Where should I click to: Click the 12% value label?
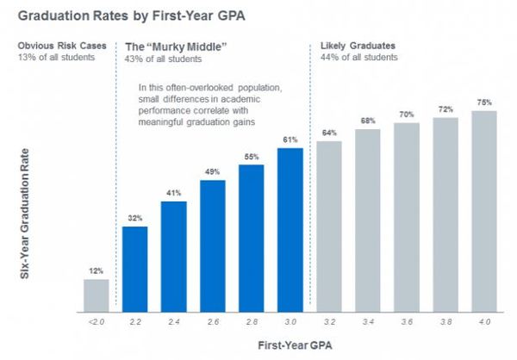(x=96, y=271)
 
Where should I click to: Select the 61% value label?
(x=290, y=140)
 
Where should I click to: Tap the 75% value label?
(x=483, y=102)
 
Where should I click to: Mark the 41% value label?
(x=173, y=194)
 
